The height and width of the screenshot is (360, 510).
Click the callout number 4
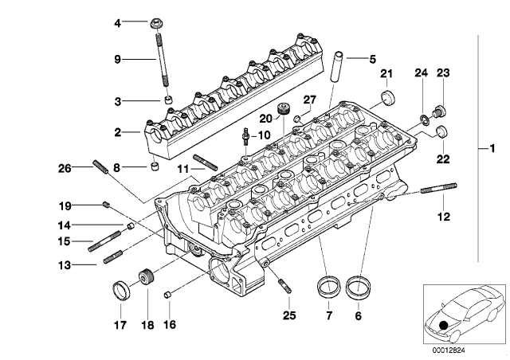click(117, 23)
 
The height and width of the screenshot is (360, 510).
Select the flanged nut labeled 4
click(156, 23)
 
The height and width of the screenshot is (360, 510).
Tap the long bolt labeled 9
click(163, 57)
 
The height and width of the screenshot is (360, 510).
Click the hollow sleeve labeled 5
click(336, 67)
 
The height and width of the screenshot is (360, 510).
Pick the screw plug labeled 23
click(439, 112)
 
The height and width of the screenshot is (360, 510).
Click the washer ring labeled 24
click(424, 119)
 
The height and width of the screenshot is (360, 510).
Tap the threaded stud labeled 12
click(439, 188)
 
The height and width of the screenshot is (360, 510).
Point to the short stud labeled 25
click(285, 286)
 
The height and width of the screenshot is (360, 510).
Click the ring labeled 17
click(121, 291)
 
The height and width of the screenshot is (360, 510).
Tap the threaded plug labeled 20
click(284, 108)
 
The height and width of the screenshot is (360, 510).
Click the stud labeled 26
click(101, 166)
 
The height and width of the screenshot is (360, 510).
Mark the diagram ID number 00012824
click(449, 350)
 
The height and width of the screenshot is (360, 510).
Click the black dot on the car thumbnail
click(443, 325)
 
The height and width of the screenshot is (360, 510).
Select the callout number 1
click(492, 149)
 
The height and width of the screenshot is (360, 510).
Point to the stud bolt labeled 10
click(246, 137)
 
